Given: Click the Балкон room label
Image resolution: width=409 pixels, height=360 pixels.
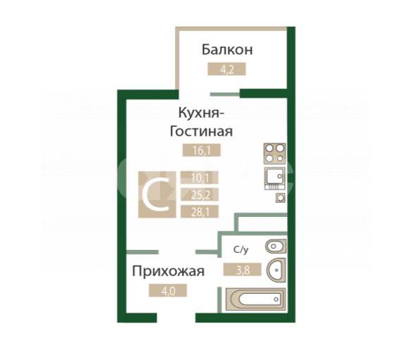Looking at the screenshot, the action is click(x=227, y=49).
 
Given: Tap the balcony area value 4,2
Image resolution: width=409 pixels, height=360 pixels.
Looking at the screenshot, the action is click(x=226, y=69).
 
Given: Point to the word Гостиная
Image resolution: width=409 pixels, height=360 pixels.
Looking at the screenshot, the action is click(x=201, y=131).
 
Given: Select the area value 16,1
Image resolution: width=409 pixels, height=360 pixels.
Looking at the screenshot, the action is click(x=202, y=150).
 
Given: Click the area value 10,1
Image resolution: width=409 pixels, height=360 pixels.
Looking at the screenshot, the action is click(x=200, y=178).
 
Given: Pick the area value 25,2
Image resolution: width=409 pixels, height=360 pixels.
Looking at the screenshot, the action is click(x=200, y=194).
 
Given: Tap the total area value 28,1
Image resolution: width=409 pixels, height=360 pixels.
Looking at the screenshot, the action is click(x=200, y=211).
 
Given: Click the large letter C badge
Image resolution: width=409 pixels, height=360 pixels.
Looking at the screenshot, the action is click(x=157, y=194).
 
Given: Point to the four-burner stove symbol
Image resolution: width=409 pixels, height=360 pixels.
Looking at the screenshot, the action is click(x=275, y=154).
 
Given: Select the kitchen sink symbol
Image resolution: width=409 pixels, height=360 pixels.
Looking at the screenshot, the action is click(x=275, y=178).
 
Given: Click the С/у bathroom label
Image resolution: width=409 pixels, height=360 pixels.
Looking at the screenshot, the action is click(x=240, y=249).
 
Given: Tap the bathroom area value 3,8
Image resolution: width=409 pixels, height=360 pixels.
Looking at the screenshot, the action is click(x=243, y=270).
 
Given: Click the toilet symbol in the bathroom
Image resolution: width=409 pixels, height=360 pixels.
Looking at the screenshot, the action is click(x=276, y=247).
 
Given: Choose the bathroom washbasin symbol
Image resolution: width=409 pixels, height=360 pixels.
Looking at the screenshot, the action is click(x=276, y=270).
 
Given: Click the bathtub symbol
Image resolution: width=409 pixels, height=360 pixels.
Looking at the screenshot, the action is click(x=255, y=299).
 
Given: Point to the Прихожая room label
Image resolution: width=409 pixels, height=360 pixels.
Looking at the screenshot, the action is click(x=169, y=271).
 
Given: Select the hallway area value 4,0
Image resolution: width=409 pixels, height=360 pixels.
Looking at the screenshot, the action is click(x=168, y=290).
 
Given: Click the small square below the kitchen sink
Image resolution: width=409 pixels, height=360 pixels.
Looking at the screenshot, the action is click(x=281, y=198).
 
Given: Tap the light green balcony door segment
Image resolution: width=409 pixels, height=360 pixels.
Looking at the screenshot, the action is click(x=225, y=94).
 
